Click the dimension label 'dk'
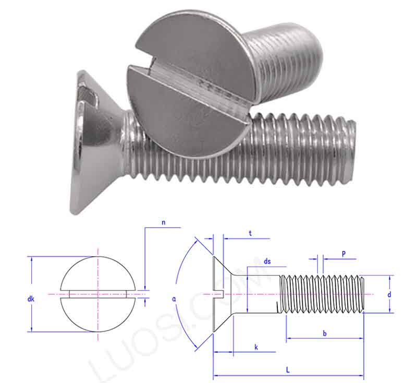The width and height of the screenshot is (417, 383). click(x=31, y=299)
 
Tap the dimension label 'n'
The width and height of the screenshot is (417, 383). click(x=163, y=222)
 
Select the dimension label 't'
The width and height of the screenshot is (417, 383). click(x=250, y=233)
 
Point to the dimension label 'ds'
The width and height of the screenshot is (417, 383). click(x=267, y=261)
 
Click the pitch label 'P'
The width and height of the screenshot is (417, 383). click(x=344, y=253)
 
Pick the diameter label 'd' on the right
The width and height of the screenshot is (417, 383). click(x=389, y=295)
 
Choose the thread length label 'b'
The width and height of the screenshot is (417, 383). click(x=324, y=333)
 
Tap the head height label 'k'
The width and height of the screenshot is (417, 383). click(x=255, y=347)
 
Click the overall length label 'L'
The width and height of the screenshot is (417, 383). click(x=288, y=370)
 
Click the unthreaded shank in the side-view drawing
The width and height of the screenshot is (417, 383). click(x=258, y=294)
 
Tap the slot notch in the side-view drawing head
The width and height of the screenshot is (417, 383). click(x=218, y=294)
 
